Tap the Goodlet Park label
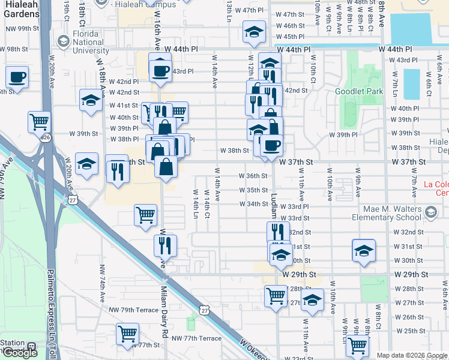[358, 92]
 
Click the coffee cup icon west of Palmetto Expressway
[17, 77]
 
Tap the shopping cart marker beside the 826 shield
[39, 121]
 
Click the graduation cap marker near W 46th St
[254, 31]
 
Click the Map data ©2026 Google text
[411, 355]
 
